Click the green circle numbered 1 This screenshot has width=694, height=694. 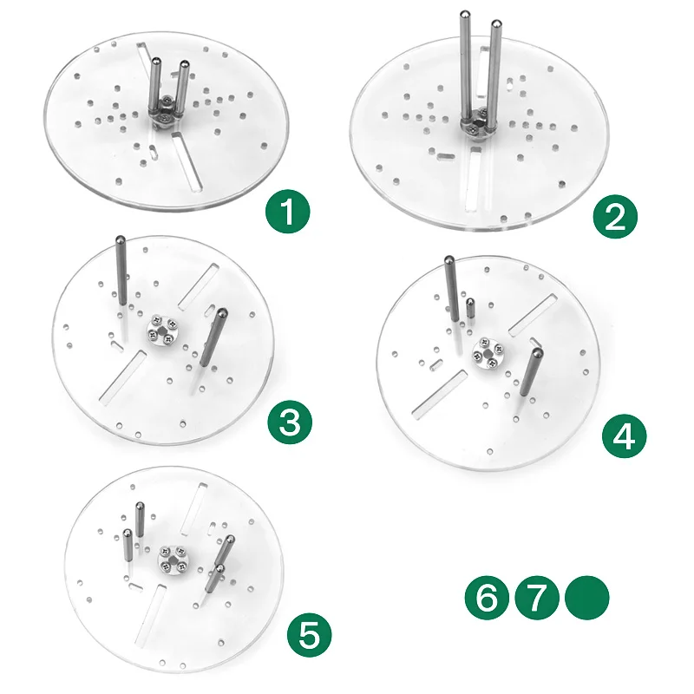tap(288, 212)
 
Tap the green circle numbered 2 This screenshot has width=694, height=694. tap(615, 216)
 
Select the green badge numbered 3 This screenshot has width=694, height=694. tap(290, 422)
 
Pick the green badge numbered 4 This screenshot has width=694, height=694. tap(624, 436)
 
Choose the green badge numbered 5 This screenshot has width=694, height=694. tap(310, 635)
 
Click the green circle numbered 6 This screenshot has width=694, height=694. tap(487, 598)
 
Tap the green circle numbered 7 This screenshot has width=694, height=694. tap(537, 598)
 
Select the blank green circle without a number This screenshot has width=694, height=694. tap(587, 598)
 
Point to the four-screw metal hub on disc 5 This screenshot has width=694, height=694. tap(173, 559)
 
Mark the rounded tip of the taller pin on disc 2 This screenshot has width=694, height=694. tap(465, 15)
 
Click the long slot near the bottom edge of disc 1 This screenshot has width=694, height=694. tap(187, 161)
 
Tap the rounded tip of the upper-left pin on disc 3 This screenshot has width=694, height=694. tap(120, 240)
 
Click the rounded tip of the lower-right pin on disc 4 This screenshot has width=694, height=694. tap(537, 353)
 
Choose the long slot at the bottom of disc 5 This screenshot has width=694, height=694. tap(150, 616)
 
